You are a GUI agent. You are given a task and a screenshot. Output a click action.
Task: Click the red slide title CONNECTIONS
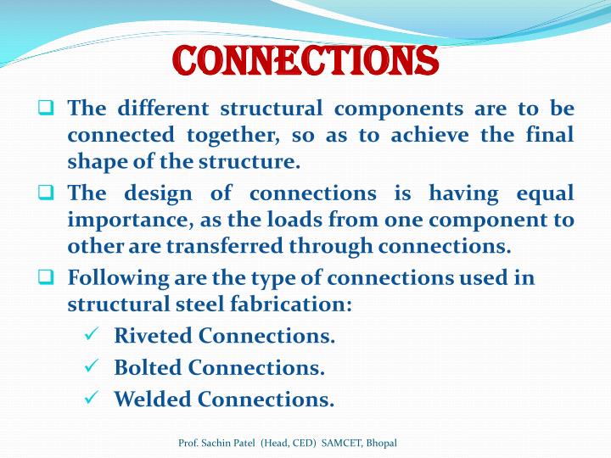pos(305,60)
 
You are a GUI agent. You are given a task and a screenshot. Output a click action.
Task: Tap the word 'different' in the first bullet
pos(161,109)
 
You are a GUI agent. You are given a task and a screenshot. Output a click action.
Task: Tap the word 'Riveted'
pos(153,336)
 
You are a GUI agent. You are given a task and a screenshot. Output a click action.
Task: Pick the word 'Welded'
pos(153,399)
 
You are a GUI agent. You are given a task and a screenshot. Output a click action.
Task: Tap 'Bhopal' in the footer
pos(381,444)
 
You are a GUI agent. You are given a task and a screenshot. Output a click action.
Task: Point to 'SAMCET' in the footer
pos(340,444)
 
